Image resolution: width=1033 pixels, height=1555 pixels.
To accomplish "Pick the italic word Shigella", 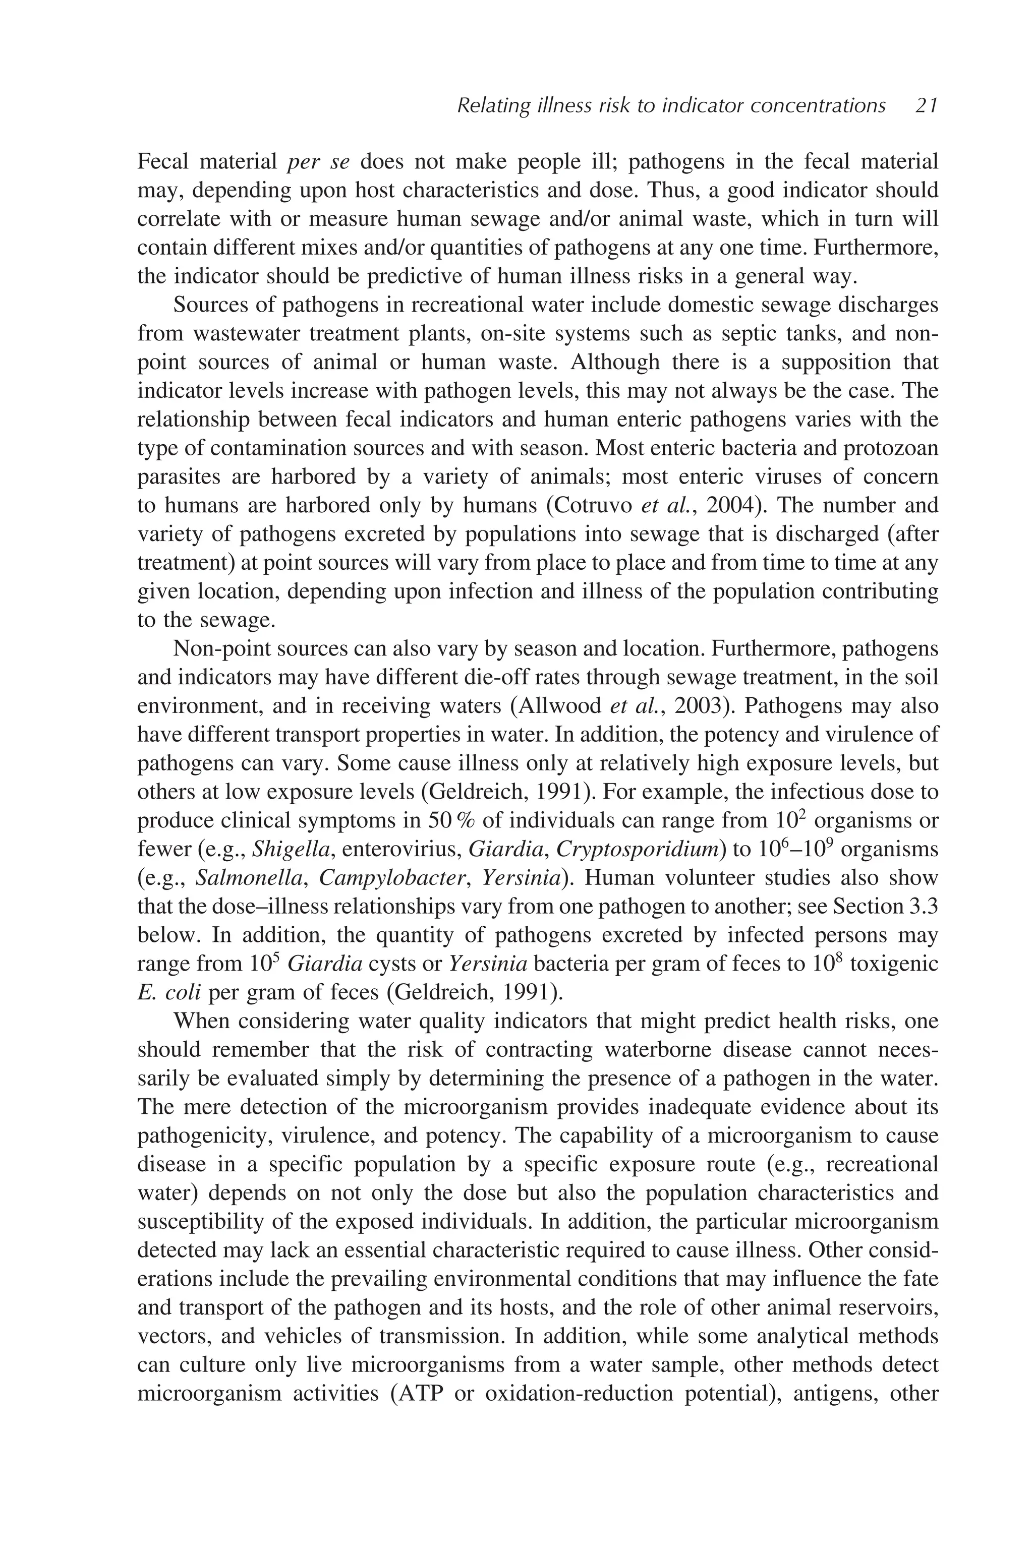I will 291,849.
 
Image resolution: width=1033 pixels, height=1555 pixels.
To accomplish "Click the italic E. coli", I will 168,992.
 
